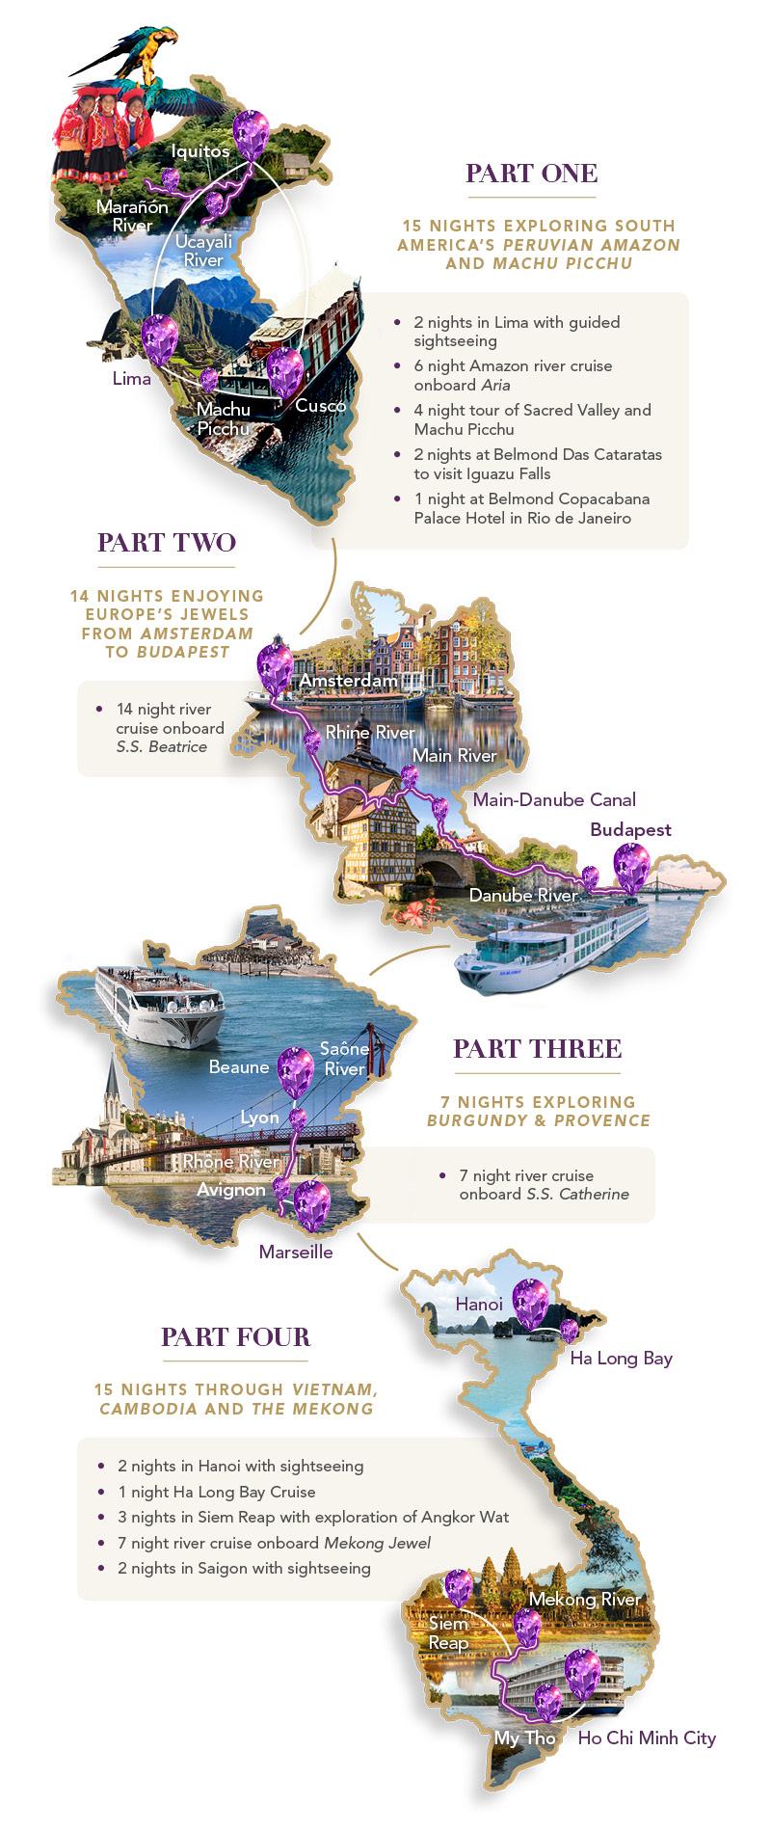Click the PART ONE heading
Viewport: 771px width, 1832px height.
click(531, 174)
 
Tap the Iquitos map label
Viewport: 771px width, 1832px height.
click(200, 151)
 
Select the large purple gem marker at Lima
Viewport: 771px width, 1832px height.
click(159, 338)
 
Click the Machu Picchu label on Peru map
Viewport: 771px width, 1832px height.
click(223, 418)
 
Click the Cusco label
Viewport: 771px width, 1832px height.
click(320, 406)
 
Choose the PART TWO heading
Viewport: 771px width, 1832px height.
click(167, 542)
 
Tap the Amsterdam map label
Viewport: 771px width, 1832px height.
click(348, 681)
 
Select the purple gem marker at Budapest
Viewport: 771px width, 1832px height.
click(631, 864)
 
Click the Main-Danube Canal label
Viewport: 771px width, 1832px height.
click(554, 799)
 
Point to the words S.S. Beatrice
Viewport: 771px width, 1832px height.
click(161, 746)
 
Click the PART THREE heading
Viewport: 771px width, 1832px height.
click(537, 1049)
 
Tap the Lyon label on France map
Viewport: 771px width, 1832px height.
click(259, 1118)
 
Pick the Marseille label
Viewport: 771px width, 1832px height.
click(296, 1253)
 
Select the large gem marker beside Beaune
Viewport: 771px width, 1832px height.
click(295, 1071)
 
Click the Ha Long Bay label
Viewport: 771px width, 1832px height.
click(621, 1359)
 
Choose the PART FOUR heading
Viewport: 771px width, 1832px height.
click(235, 1337)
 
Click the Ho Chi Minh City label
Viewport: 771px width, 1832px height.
click(647, 1738)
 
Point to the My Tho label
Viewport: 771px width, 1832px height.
click(524, 1738)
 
